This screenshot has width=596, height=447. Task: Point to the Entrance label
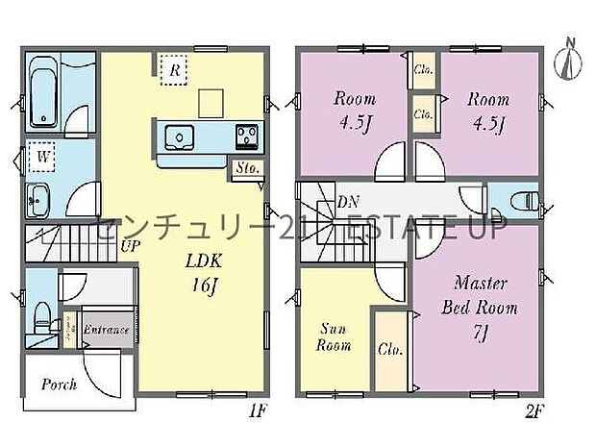coord(106,331)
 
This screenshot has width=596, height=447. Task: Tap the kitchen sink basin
coord(178,137)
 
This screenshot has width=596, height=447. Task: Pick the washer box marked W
coord(43,156)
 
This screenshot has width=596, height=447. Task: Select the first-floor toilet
coord(41,314)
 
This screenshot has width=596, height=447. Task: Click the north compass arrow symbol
coord(569,58)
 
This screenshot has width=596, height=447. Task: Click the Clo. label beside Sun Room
coord(389,350)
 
